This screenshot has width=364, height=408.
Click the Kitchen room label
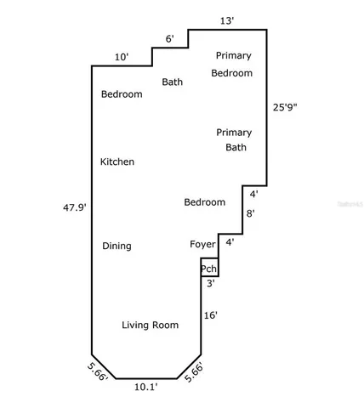point(117,161)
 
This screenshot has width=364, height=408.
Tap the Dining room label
point(117,246)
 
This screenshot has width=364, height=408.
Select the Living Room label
point(150,325)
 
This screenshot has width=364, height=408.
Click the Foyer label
point(202,245)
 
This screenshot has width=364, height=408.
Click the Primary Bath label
point(234,139)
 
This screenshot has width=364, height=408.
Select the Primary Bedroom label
point(232,65)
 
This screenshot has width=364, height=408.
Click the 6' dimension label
point(169,39)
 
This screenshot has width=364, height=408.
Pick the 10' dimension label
point(122,57)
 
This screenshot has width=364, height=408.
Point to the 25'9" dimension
point(285,108)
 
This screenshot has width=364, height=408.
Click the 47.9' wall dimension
point(75,207)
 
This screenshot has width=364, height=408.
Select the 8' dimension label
point(250,214)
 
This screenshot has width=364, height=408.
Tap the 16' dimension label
point(211,315)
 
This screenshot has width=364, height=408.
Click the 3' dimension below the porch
point(210,284)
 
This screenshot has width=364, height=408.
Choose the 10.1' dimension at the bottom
point(145,387)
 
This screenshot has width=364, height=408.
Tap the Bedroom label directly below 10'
point(122,94)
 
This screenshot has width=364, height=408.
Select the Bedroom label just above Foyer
point(205,202)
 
